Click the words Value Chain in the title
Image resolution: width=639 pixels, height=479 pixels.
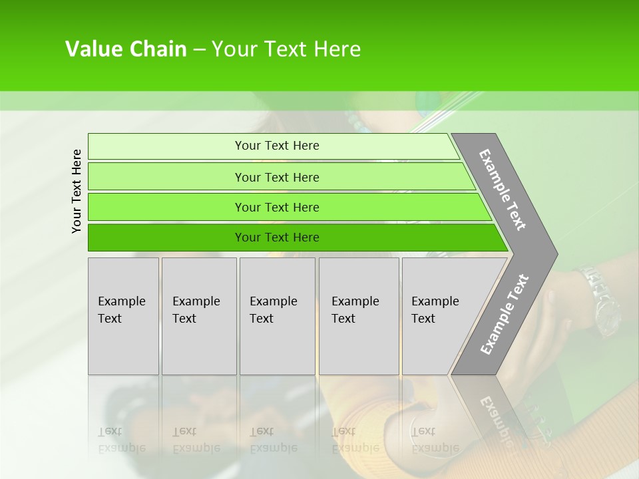pos(126,49)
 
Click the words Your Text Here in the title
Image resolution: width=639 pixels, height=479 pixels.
pos(286,49)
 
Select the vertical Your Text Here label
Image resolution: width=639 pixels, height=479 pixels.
pos(77,191)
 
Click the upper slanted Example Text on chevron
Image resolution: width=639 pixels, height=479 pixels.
pos(503,190)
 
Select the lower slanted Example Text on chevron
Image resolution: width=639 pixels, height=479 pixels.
pos(505,314)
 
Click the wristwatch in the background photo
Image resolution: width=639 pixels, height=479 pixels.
pos(599,299)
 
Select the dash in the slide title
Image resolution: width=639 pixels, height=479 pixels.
pos(199,50)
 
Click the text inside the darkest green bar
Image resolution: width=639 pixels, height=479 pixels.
pos(277,238)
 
